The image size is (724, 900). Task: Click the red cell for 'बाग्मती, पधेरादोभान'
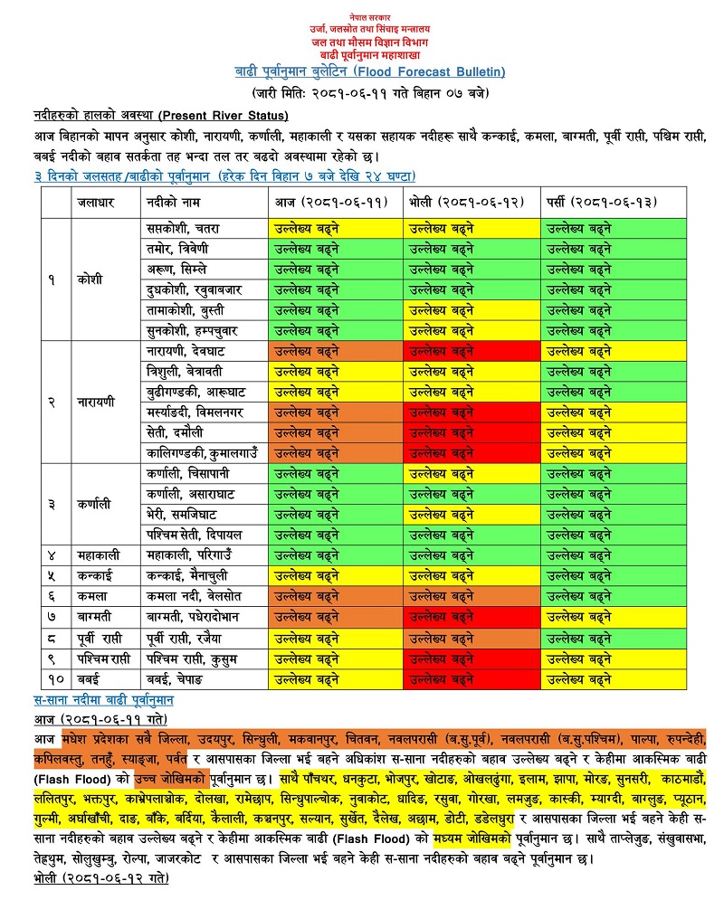coord(471,617)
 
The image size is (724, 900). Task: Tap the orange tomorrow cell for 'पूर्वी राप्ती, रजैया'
coord(471,638)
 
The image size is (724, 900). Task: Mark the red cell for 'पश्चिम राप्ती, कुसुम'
coord(471,658)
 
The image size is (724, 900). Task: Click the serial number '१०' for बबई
coord(52,678)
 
